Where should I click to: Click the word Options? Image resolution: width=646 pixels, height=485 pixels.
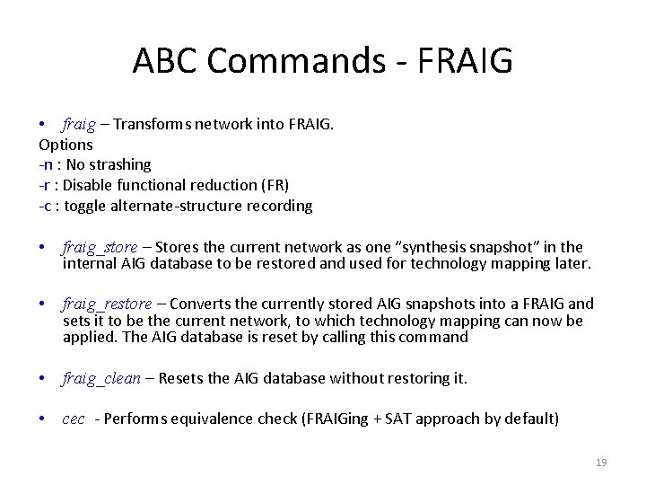[65, 144]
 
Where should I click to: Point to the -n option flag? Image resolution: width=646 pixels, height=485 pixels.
[46, 164]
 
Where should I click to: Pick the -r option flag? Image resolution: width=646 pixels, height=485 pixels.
[45, 185]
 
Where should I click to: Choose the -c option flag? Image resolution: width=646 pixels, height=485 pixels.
[45, 206]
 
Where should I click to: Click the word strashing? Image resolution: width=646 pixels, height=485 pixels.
[120, 164]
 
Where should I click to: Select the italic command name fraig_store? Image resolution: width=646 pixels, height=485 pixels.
[100, 247]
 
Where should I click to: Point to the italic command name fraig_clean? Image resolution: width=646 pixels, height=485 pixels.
[101, 378]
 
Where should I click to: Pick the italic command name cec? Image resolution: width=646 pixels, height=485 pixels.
[74, 419]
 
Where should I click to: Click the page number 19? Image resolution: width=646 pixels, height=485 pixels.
[601, 463]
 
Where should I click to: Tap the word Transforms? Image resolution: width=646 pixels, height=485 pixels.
[152, 123]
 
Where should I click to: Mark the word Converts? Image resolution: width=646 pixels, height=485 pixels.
[199, 304]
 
